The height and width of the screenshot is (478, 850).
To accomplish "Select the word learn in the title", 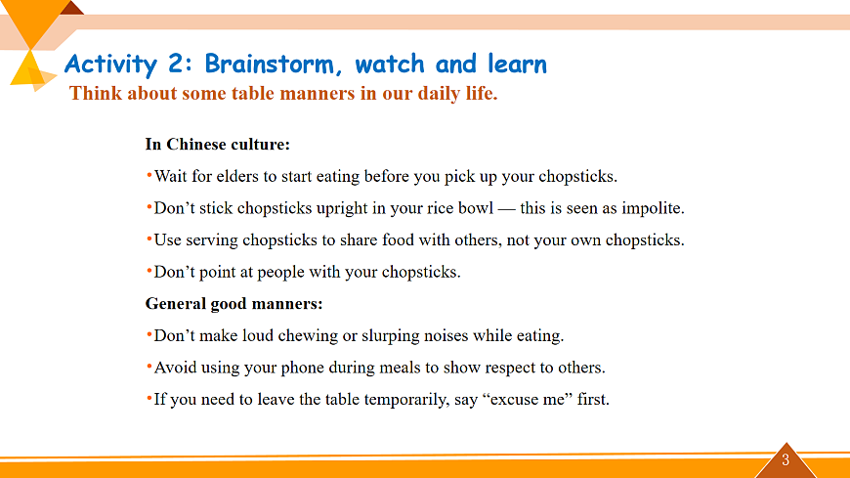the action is pos(517,64).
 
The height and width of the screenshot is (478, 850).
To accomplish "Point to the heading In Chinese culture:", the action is pos(217,145).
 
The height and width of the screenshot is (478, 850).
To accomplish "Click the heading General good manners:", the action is pos(234,304).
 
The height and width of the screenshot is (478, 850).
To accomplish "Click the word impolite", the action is pos(653,209).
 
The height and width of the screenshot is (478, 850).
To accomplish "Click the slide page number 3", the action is pos(786,460).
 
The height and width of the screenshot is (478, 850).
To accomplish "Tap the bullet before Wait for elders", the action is pos(149,175).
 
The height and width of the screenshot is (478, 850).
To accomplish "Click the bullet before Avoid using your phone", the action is pos(149,367).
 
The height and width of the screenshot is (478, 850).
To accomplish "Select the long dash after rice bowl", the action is pos(507,209).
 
